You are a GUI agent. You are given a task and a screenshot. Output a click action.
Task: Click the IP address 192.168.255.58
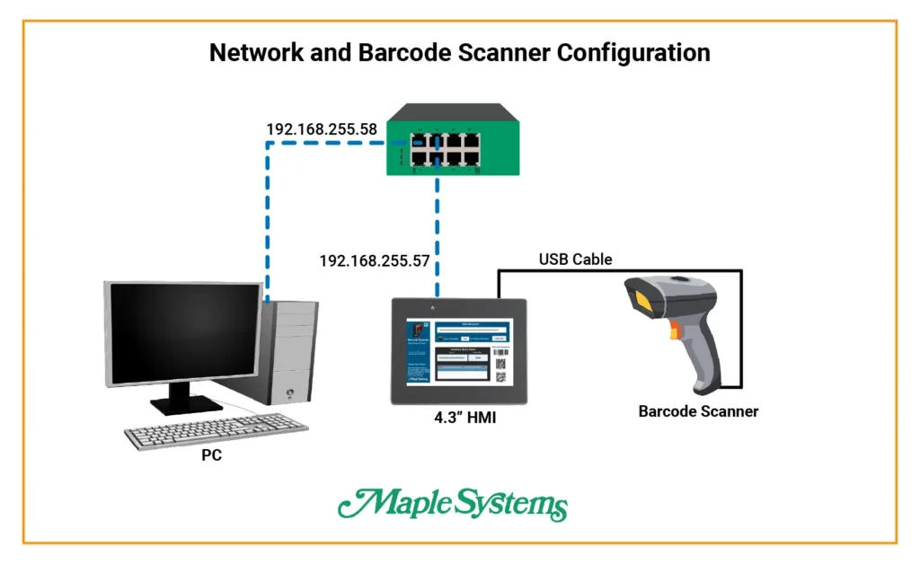[321, 129]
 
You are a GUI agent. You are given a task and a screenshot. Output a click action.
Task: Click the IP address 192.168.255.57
[375, 261]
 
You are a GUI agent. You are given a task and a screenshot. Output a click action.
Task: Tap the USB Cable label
[575, 260]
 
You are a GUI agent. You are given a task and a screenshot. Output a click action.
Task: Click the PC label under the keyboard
[212, 455]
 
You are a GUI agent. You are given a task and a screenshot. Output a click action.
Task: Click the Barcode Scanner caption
[698, 411]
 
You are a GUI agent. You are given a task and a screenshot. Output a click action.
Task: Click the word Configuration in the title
[633, 52]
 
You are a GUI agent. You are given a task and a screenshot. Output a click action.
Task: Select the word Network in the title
[253, 52]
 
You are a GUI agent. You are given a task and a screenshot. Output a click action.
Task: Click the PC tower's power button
[289, 392]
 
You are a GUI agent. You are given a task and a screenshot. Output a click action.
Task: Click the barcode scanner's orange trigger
[671, 334]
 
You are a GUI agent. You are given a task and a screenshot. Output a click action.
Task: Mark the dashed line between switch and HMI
[438, 225]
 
